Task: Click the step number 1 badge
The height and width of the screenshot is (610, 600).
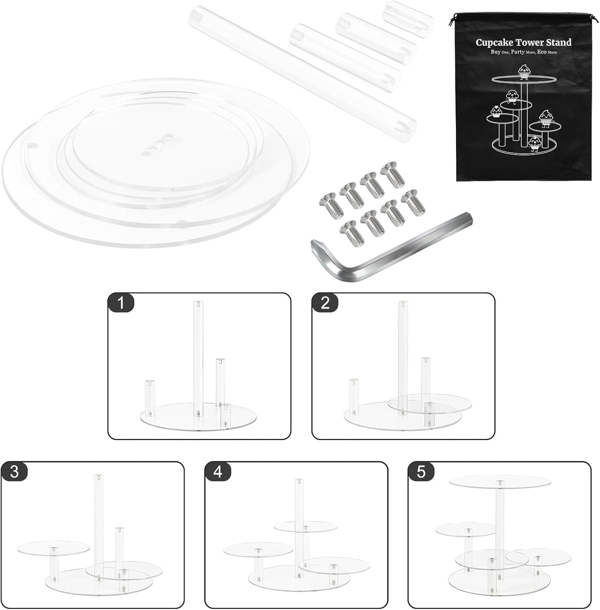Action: (x=121, y=303)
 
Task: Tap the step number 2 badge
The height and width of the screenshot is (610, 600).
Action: (x=325, y=303)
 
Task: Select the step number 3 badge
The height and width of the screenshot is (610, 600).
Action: (x=14, y=472)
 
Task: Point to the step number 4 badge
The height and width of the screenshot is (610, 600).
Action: (x=218, y=472)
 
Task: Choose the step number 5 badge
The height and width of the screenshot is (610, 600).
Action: (x=421, y=472)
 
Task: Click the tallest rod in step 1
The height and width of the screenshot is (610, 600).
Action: (x=198, y=358)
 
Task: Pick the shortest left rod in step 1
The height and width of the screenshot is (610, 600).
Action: (x=149, y=398)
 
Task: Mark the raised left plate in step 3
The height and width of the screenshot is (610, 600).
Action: (x=53, y=548)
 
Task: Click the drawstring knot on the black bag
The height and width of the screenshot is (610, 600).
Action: (x=452, y=21)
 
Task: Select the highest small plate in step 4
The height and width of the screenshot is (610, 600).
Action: (x=305, y=526)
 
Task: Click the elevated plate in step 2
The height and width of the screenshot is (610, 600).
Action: (x=429, y=404)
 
